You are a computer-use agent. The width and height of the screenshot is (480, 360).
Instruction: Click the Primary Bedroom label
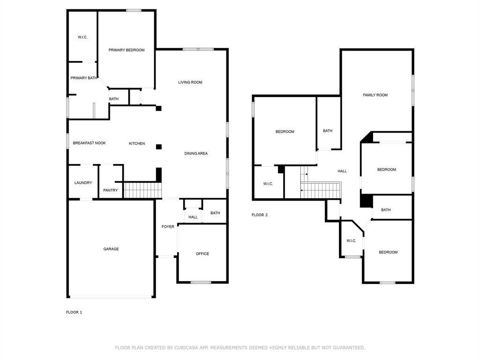point(126,50)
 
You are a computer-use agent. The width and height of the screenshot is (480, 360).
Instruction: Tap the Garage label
point(111,249)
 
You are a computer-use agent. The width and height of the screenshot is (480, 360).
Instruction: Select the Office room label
point(202,254)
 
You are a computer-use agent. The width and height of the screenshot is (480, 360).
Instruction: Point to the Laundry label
point(83,183)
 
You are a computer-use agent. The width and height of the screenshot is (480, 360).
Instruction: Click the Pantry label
point(111,190)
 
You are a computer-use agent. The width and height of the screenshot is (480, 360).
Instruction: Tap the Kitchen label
point(137,143)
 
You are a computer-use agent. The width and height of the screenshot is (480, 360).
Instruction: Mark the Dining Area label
point(196,154)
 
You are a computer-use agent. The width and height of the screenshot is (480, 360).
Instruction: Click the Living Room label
point(190,82)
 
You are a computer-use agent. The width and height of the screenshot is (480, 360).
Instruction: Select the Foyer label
point(168,227)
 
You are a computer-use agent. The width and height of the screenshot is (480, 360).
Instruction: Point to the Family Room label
point(375,95)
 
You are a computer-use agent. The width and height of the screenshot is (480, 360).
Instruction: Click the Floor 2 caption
point(260,215)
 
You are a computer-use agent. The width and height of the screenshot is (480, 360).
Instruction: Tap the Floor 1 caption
point(74,312)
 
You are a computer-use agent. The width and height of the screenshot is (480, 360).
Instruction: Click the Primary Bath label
point(83,78)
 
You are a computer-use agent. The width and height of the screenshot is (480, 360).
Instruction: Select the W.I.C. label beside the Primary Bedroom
point(82,37)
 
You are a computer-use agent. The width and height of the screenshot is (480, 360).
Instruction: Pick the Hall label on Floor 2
point(342,172)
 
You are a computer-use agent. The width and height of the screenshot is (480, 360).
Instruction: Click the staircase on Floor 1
point(142,190)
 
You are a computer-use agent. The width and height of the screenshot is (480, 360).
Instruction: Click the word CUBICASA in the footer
point(187,348)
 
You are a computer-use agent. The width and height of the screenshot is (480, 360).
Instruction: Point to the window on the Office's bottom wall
point(201,282)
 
